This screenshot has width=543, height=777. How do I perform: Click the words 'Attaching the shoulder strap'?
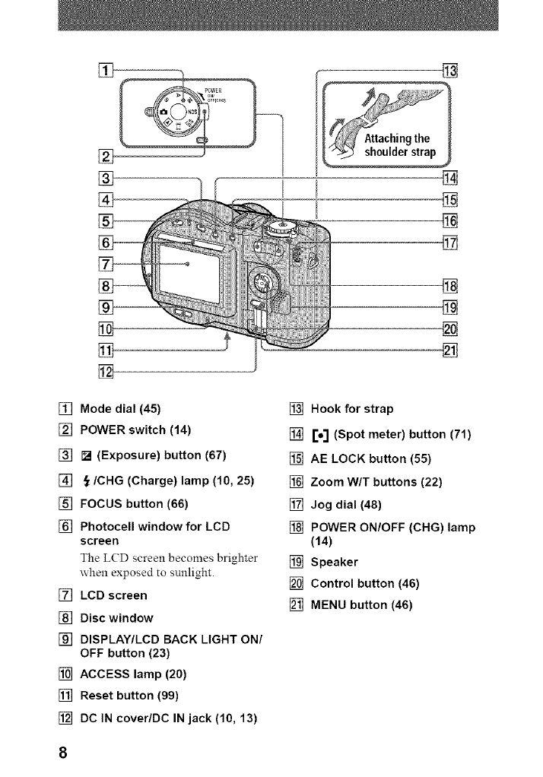400,145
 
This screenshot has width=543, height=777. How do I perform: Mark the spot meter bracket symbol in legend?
321,435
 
